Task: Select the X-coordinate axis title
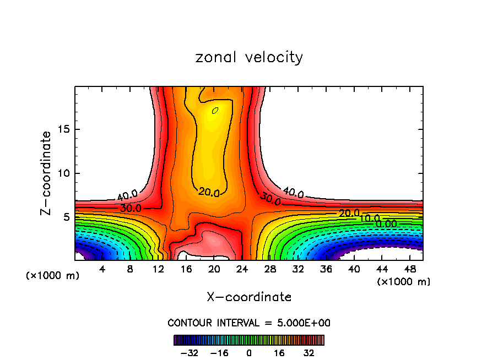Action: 249,297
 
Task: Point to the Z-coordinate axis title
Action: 46,173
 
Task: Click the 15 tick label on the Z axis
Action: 64,130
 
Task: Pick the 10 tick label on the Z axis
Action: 64,173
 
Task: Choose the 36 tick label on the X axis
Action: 326,270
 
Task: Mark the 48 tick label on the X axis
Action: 409,270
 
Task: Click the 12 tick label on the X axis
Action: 158,270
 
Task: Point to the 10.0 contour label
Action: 370,219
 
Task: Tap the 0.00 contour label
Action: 385,223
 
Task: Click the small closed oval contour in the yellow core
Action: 215,110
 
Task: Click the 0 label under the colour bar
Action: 250,352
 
